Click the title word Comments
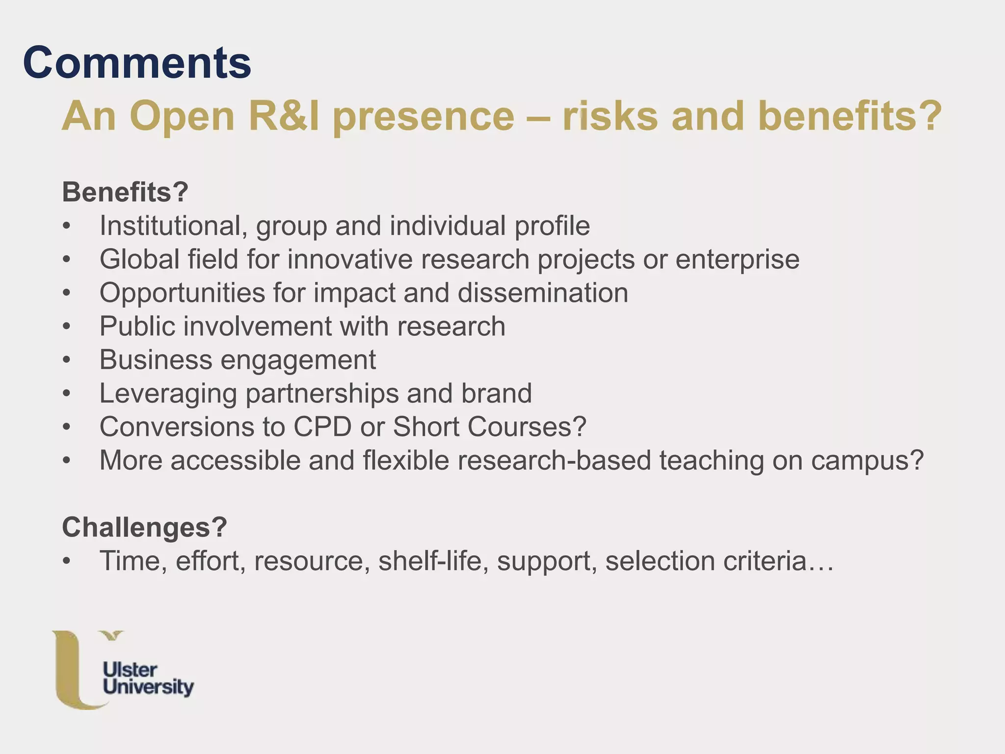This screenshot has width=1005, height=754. [x=137, y=63]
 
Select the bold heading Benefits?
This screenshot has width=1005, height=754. [x=125, y=192]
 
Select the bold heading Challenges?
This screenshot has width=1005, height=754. [x=144, y=527]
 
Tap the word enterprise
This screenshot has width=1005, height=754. [x=737, y=260]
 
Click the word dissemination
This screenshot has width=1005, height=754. [x=543, y=293]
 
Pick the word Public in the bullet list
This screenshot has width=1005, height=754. [x=137, y=326]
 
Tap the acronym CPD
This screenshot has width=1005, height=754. [x=322, y=427]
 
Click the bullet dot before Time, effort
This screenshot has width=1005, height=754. [x=67, y=562]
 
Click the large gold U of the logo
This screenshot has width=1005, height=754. [x=71, y=673]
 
